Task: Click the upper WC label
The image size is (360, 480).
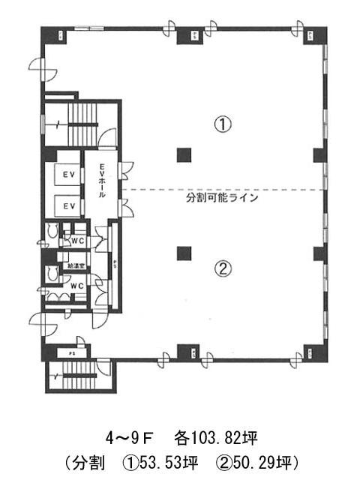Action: [x=76, y=241]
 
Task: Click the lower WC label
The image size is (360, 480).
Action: [x=76, y=286]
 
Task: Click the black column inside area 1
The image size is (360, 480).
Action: [x=182, y=156]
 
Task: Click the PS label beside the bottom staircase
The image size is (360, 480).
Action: [x=73, y=351]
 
